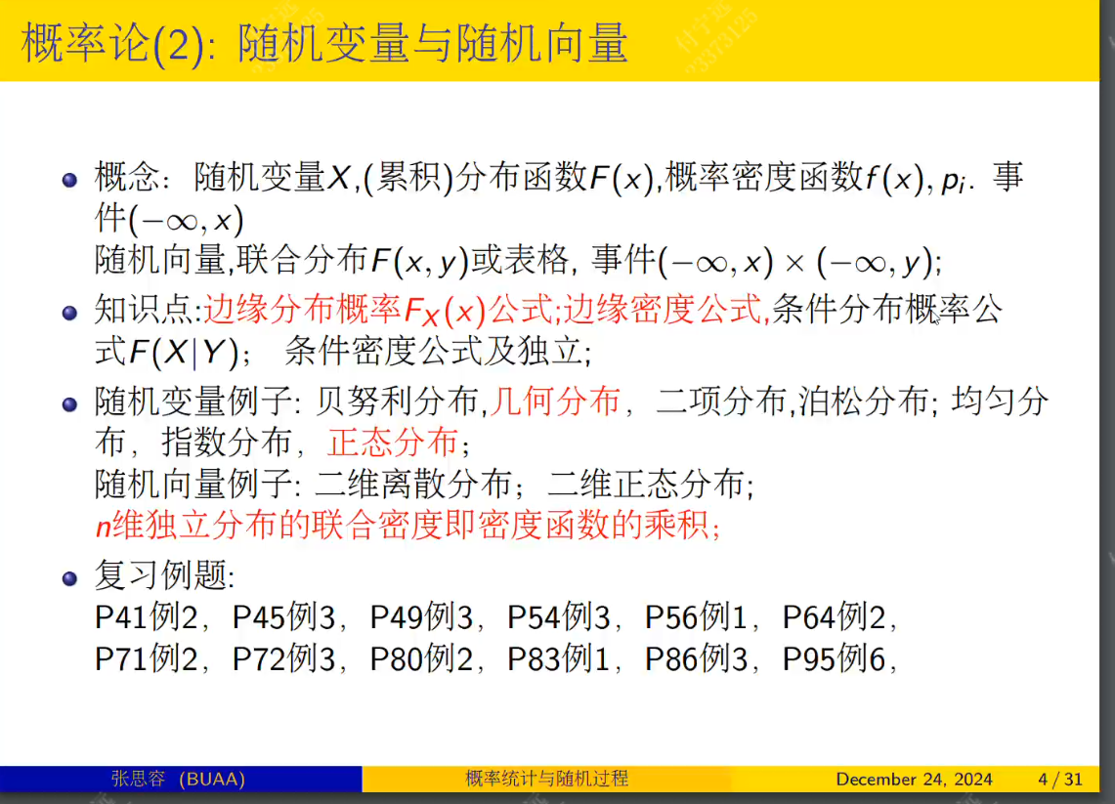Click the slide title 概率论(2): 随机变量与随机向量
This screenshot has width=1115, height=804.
[x=324, y=44]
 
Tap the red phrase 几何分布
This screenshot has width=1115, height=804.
[x=555, y=401]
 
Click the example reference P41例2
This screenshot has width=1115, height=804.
[x=147, y=618]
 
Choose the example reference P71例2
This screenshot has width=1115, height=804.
[x=147, y=660]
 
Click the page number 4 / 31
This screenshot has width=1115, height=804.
[x=1060, y=780]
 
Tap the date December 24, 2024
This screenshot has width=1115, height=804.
[x=914, y=780]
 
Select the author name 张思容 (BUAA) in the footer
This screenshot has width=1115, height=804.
[x=178, y=780]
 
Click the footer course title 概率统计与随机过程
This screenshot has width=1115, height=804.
[x=547, y=780]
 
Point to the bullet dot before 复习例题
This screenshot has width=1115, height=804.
[x=69, y=578]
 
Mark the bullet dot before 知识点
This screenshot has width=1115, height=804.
[x=69, y=314]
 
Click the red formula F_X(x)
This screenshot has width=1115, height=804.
[x=445, y=313]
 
